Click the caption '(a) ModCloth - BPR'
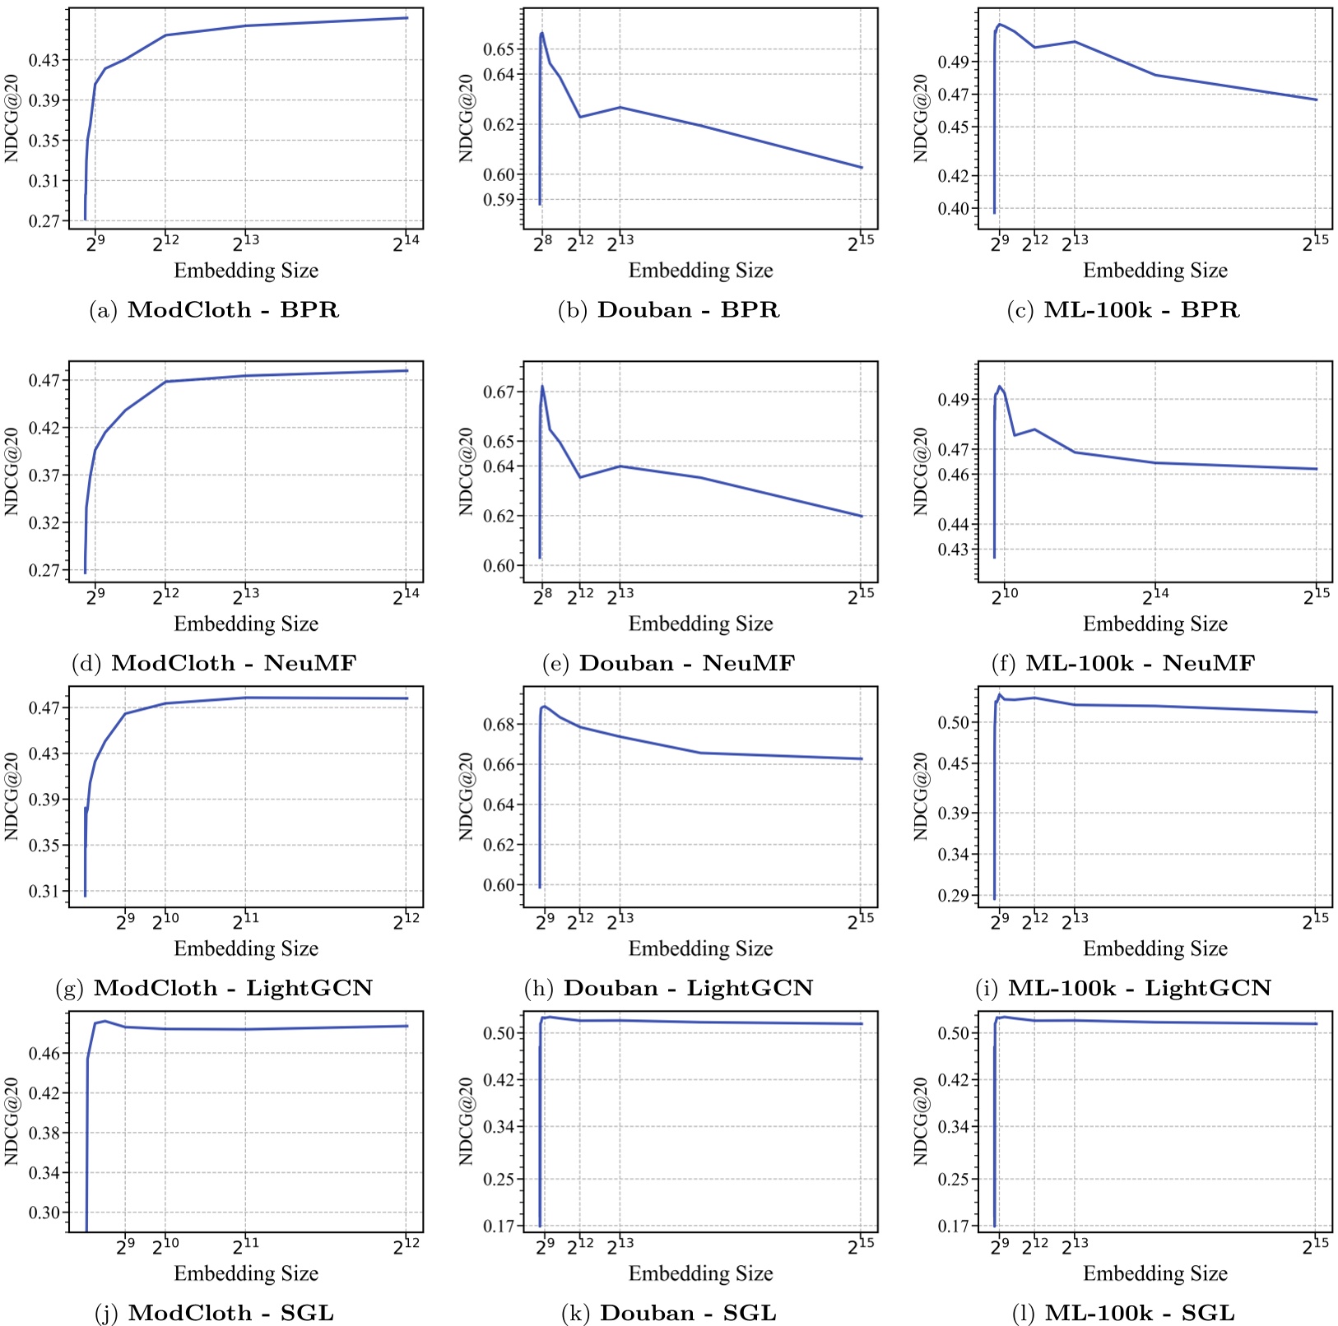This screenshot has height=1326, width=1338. click(x=214, y=310)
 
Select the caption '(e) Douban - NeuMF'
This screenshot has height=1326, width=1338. click(x=668, y=663)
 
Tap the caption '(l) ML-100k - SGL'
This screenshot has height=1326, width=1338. click(x=1123, y=1313)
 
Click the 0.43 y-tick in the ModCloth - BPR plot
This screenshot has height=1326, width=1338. click(x=46, y=60)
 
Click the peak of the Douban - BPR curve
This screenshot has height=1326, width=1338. click(x=542, y=33)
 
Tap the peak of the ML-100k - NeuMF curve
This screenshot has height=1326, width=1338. click(x=1000, y=386)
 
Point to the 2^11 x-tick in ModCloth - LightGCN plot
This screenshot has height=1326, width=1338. click(x=245, y=921)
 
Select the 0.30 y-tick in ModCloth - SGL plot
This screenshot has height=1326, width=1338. click(x=46, y=1212)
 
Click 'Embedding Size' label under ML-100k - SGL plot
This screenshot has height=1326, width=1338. click(x=1154, y=1273)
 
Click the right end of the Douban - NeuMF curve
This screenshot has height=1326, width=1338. click(x=862, y=516)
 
